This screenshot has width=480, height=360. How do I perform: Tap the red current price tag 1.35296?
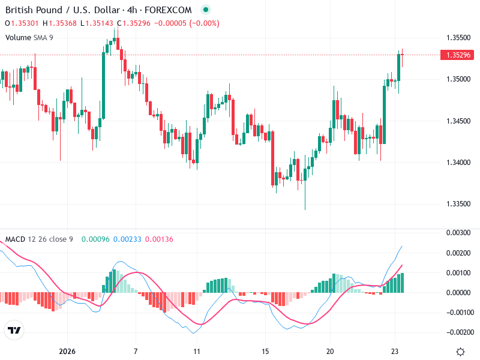458,55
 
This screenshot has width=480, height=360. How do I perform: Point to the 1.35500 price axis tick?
458,37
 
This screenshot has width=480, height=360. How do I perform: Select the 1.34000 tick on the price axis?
458,163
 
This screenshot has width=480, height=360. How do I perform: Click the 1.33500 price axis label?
458,204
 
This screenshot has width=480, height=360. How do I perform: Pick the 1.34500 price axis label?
458,121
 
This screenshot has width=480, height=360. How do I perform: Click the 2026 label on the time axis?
67,351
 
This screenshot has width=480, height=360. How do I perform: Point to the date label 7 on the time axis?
136,351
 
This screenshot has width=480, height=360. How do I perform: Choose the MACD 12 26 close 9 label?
39,239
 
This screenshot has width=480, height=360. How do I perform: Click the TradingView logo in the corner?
14,330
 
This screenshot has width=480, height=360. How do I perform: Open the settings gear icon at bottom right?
461,351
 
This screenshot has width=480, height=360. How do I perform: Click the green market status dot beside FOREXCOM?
206,10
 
